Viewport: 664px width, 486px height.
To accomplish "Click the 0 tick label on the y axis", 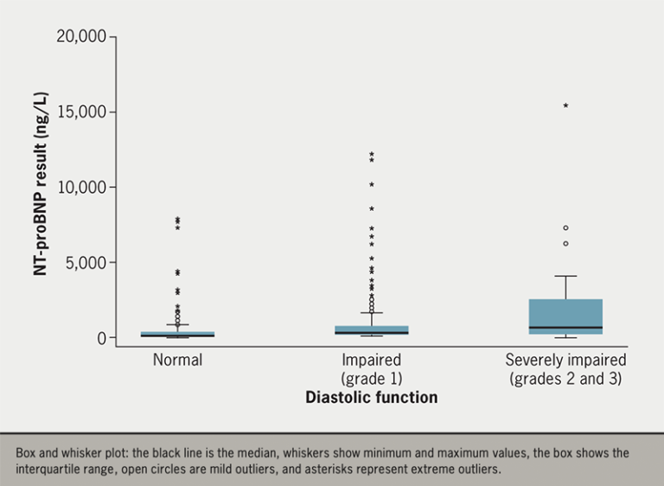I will pyautogui.click(x=101, y=337).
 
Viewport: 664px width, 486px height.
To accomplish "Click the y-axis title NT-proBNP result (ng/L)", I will pyautogui.click(x=41, y=188).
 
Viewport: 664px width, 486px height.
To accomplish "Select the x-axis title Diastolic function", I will pyautogui.click(x=371, y=398).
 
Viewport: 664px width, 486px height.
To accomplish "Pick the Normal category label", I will pyautogui.click(x=177, y=360).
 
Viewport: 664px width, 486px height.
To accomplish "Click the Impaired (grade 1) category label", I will pyautogui.click(x=371, y=369).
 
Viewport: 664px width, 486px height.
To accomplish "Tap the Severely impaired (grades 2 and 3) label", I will pyautogui.click(x=565, y=369).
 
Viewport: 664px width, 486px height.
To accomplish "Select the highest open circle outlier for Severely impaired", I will pyautogui.click(x=565, y=228).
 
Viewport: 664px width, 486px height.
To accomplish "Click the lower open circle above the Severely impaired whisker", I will pyautogui.click(x=565, y=244).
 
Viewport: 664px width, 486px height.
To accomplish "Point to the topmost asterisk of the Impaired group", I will pyautogui.click(x=372, y=154).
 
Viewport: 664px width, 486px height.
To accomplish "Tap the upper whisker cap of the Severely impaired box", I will pyautogui.click(x=565, y=276).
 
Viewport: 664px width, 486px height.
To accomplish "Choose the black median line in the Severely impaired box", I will pyautogui.click(x=565, y=328).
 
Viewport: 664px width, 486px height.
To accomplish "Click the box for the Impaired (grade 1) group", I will pyautogui.click(x=372, y=329).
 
